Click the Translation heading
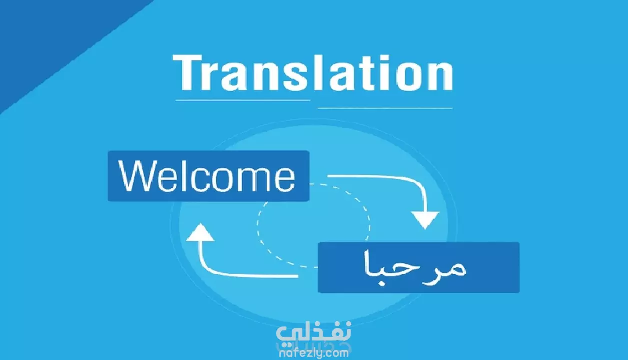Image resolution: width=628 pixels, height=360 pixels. [x=313, y=73]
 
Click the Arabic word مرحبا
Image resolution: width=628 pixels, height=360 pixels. [x=415, y=268]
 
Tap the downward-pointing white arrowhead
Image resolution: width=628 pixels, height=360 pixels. [x=425, y=220]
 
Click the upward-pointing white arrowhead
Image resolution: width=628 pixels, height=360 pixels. [x=200, y=232]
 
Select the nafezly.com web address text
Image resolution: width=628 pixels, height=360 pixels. [x=314, y=353]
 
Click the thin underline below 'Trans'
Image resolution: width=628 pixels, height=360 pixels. [x=243, y=100]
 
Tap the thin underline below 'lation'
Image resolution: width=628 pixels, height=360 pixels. [x=385, y=108]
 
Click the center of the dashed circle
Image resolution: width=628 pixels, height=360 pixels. [x=313, y=226]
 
